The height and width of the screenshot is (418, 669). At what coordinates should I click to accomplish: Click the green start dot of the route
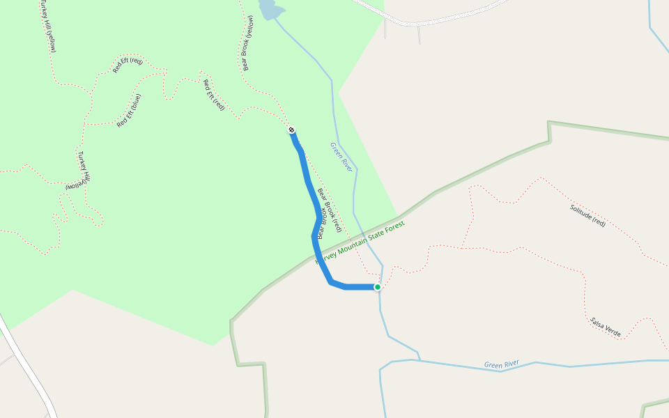pyautogui.click(x=378, y=287)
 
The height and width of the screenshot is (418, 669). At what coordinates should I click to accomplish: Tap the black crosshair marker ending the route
pyautogui.click(x=291, y=130)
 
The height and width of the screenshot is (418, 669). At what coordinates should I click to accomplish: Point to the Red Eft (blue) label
pyautogui.click(x=129, y=110)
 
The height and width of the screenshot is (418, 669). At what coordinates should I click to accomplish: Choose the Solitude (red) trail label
pyautogui.click(x=587, y=215)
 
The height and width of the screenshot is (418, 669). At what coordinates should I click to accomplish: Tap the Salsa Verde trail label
pyautogui.click(x=605, y=327)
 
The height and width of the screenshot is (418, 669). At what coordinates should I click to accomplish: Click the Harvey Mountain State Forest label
pyautogui.click(x=360, y=243)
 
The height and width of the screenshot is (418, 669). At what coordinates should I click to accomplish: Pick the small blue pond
pyautogui.click(x=270, y=9)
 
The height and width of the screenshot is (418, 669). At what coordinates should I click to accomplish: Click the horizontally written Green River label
pyautogui.click(x=502, y=364)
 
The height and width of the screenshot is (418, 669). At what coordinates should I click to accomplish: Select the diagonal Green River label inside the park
pyautogui.click(x=341, y=157)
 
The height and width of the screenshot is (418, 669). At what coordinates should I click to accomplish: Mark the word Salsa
pyautogui.click(x=597, y=323)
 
